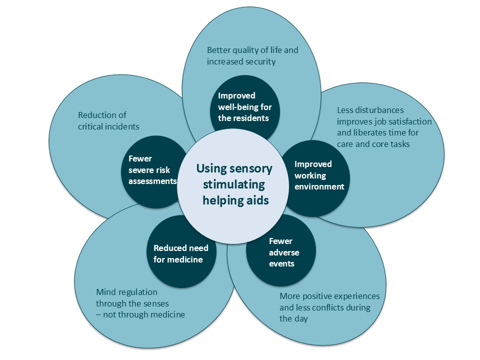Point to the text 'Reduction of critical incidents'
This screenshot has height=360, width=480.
(108, 121)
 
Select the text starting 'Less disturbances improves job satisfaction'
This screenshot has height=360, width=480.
(384, 127)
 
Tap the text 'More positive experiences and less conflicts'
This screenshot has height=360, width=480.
(329, 307)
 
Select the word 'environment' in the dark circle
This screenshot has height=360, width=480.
(319, 186)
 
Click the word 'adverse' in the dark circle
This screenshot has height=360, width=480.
(283, 252)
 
